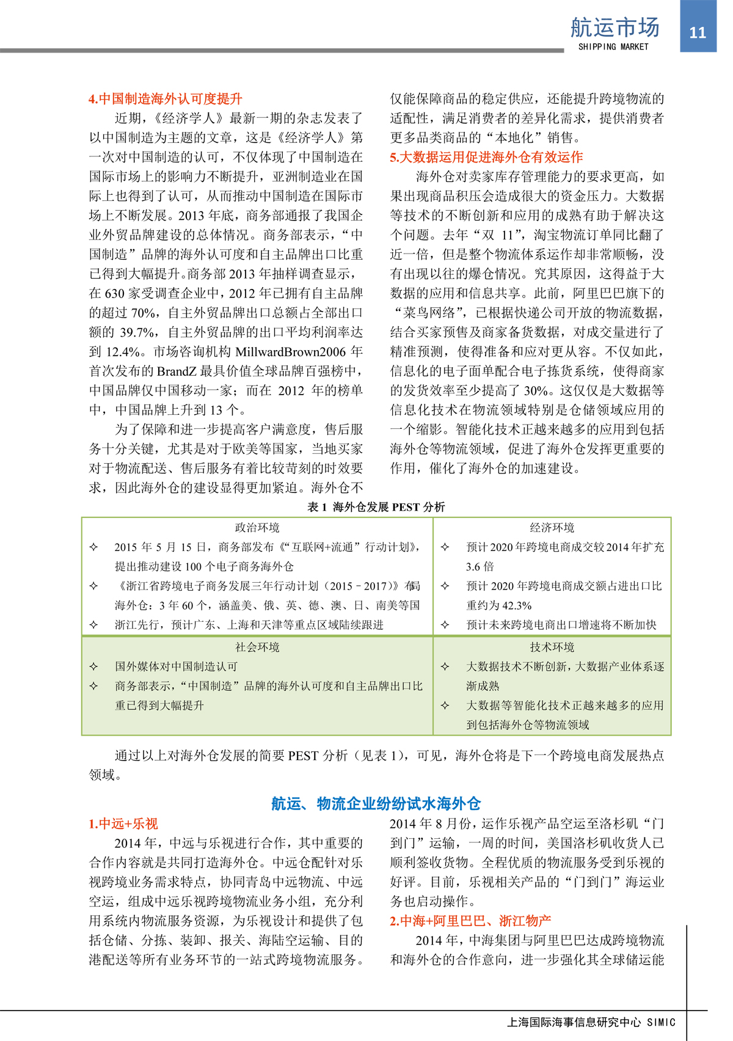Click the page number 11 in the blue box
tap(698, 32)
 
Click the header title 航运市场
tap(614, 27)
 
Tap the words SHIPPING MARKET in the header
tap(613, 47)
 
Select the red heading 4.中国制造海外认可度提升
tap(166, 99)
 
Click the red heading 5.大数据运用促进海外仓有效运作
tap(486, 157)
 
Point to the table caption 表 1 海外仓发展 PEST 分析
tap(376, 507)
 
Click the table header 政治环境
tap(257, 528)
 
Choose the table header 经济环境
tap(552, 528)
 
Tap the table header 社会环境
tap(257, 647)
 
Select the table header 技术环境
tap(552, 647)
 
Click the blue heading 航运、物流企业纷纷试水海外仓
tap(376, 803)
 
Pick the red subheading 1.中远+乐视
tap(123, 824)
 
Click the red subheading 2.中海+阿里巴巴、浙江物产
tap(470, 921)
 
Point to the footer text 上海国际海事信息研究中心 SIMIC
tap(591, 1022)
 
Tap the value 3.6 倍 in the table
tap(480, 566)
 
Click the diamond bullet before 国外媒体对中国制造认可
tap(93, 667)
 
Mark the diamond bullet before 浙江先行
tap(93, 625)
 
